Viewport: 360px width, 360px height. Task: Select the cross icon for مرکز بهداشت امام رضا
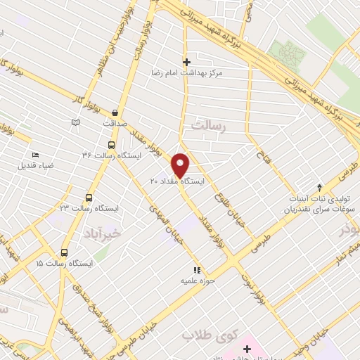(186, 62)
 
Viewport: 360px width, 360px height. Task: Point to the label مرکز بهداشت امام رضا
(186, 72)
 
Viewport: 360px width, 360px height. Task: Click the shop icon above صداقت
(115, 112)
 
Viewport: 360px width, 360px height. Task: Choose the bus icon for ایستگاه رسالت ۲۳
(89, 198)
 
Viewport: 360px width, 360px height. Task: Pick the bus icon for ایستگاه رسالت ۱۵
(64, 252)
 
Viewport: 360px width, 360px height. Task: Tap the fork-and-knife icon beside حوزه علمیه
(198, 270)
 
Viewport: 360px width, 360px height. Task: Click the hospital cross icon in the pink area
(247, 349)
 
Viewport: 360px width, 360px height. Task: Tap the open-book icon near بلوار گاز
(76, 123)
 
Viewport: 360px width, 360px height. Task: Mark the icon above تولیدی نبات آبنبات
(319, 188)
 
